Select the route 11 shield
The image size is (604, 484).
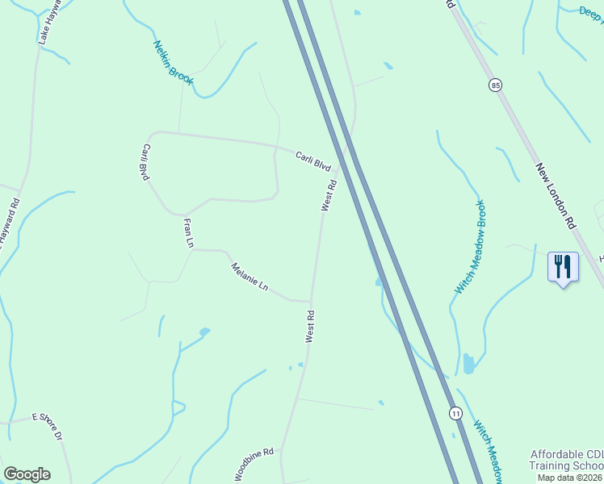click(x=456, y=413)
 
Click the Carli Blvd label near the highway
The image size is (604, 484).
click(x=313, y=161)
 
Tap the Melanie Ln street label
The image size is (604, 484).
click(x=249, y=277)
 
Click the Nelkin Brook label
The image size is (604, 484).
click(x=173, y=62)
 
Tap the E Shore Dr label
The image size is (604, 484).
click(x=47, y=425)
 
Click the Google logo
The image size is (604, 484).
click(x=27, y=474)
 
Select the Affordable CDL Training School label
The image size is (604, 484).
click(x=566, y=460)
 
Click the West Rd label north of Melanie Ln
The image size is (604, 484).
click(x=329, y=196)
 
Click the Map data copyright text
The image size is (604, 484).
click(x=568, y=478)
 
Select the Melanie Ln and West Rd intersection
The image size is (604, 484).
click(x=311, y=302)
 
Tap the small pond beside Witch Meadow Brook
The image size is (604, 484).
click(x=468, y=364)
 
